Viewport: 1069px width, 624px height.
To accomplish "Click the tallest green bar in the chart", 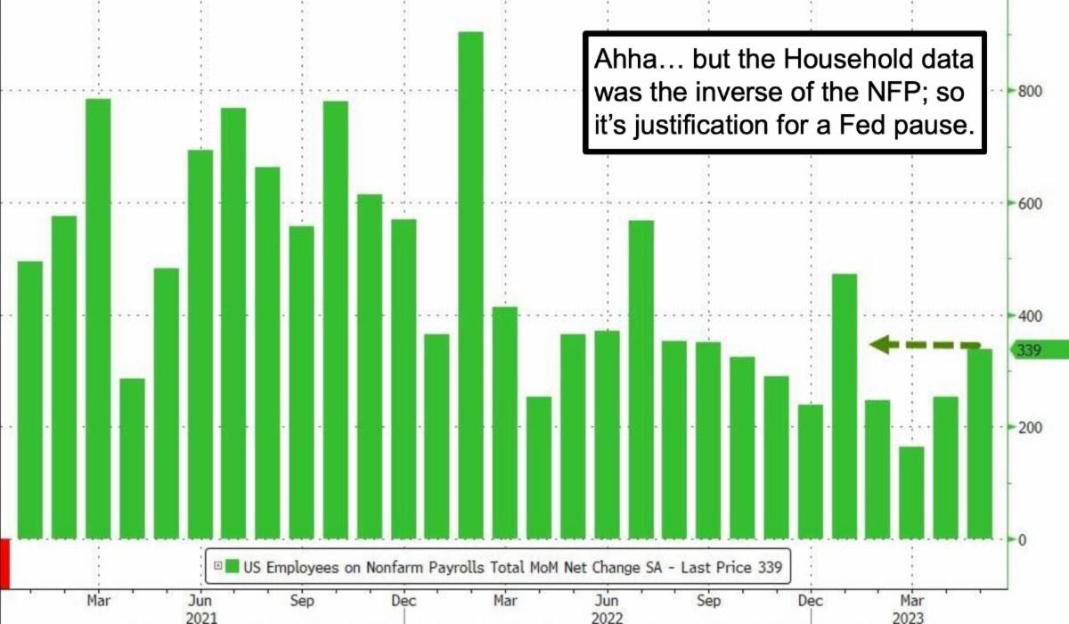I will pyautogui.click(x=470, y=285).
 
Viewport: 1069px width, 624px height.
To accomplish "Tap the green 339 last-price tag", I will pyautogui.click(x=1038, y=350).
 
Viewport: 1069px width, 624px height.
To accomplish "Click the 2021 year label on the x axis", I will pyautogui.click(x=201, y=617).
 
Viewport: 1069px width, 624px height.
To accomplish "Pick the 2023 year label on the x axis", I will pyautogui.click(x=912, y=617).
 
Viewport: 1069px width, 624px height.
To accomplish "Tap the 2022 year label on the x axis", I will pyautogui.click(x=607, y=617).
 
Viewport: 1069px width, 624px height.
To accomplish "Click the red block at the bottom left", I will pyautogui.click(x=4, y=562).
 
